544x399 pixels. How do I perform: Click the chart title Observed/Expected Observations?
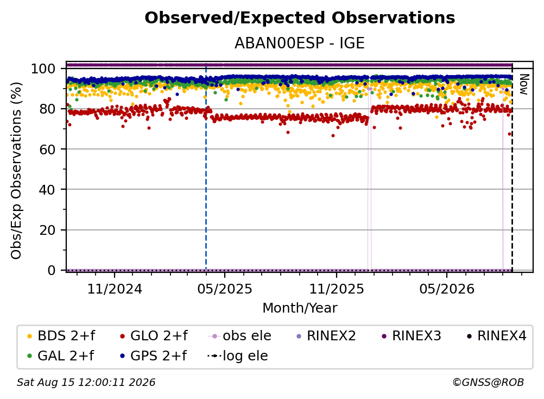[300, 18]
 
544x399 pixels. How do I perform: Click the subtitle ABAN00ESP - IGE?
[300, 43]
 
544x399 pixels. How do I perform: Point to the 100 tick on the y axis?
[43, 68]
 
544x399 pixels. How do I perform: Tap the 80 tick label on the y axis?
[47, 109]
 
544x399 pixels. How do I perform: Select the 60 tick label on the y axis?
[47, 149]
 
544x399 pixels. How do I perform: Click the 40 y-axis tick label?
[47, 190]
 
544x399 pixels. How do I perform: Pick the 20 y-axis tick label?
[47, 230]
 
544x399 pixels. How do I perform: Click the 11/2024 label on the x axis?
[115, 289]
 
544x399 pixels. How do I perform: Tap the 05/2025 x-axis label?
[225, 289]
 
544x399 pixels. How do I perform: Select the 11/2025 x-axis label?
[337, 289]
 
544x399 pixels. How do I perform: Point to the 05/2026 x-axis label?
[447, 289]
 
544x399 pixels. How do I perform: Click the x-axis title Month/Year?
[300, 308]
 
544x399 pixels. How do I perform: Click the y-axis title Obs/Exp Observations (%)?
[16, 171]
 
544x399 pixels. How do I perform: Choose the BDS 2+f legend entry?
[61, 336]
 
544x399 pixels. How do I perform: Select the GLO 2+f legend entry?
[154, 336]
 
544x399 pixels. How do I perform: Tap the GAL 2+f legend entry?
[60, 356]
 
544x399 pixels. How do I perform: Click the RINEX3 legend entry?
[412, 336]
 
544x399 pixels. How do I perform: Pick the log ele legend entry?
[238, 356]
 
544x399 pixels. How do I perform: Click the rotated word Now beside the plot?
[524, 84]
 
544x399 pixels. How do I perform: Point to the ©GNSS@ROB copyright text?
[488, 382]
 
